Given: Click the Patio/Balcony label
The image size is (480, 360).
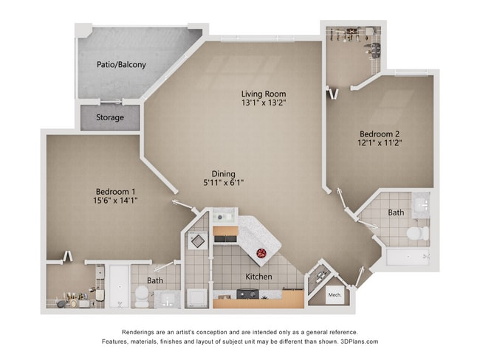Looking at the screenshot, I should pos(121,65).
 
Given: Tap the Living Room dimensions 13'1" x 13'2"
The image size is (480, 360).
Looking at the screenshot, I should pos(264,103).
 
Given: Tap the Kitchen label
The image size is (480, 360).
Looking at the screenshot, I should pos(258,277).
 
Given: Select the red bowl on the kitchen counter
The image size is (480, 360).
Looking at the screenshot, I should pos(261,254).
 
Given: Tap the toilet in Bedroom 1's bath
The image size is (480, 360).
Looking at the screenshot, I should pos(140,297).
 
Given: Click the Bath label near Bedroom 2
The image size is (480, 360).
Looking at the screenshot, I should pos(397,212).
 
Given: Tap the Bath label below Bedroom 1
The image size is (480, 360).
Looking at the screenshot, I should pos(155,280).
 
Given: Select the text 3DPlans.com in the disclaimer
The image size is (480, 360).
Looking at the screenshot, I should pos(354,342).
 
